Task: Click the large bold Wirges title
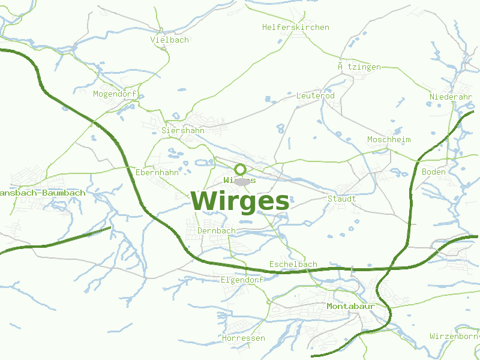tap(241, 202)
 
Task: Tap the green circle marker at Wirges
tap(240, 169)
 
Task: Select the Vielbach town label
tap(170, 40)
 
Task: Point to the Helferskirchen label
tap(296, 27)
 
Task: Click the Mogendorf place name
tap(115, 94)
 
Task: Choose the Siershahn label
tap(183, 130)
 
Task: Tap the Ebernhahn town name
tap(157, 172)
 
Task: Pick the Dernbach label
tap(217, 230)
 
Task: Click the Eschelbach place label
tap(293, 264)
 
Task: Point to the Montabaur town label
tap(350, 306)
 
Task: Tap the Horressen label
tap(243, 338)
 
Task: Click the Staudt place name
tap(341, 199)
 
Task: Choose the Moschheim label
tap(389, 139)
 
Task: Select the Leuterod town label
tap(315, 95)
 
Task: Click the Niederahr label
tap(451, 97)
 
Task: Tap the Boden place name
tap(434, 172)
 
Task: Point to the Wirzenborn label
tap(454, 336)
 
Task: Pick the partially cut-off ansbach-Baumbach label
tap(43, 193)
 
